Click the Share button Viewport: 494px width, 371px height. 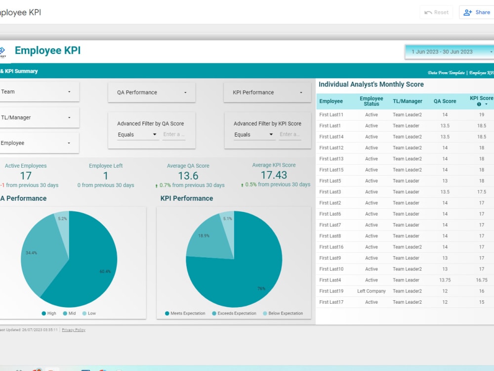[x=477, y=12]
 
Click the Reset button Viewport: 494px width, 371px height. [x=436, y=12]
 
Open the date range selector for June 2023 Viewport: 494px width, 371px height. [x=449, y=51]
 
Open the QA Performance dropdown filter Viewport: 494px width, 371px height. [x=152, y=93]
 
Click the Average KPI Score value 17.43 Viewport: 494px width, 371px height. [x=274, y=175]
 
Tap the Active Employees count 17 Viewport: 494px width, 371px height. [x=26, y=176]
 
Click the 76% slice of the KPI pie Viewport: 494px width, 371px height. [x=247, y=282]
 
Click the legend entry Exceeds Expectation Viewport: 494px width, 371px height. [x=235, y=313]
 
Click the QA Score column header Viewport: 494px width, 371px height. [x=445, y=101]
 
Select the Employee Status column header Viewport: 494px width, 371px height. [x=371, y=101]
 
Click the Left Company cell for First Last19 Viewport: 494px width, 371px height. [x=371, y=291]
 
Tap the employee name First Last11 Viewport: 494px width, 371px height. [x=331, y=115]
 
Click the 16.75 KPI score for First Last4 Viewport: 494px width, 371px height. [x=481, y=280]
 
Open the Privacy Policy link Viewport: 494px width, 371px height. [x=74, y=330]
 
